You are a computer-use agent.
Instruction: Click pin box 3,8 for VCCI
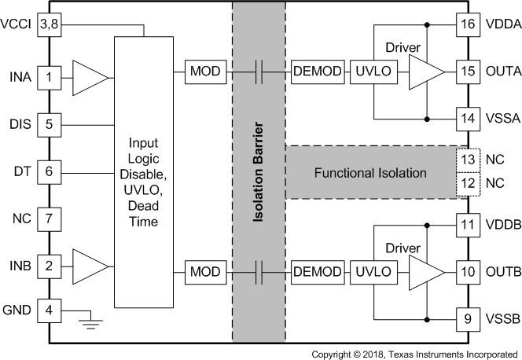pos(49,24)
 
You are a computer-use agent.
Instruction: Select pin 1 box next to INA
pos(49,78)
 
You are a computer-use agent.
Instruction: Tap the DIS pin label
pos(20,124)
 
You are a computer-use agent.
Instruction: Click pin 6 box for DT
pos(49,172)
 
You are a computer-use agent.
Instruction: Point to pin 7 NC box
pos(49,219)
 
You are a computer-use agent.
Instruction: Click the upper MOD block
pos(205,72)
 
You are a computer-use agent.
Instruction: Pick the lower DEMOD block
pos(318,272)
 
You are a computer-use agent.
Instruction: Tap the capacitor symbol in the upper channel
pos(259,72)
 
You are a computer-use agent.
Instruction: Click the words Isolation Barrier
pos(259,172)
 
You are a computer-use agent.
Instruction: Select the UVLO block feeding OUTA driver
pos(373,72)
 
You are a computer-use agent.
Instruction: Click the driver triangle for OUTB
pos(426,273)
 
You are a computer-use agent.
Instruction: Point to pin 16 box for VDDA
pos(468,24)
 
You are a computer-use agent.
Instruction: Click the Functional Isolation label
pos(370,173)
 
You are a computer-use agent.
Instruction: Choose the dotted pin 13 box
pos(468,160)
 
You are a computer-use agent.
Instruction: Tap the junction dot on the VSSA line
pos(427,119)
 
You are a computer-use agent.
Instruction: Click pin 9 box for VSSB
pos(468,319)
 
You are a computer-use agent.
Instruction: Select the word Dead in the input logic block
pos(143,206)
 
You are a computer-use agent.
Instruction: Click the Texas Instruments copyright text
pos(414,354)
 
